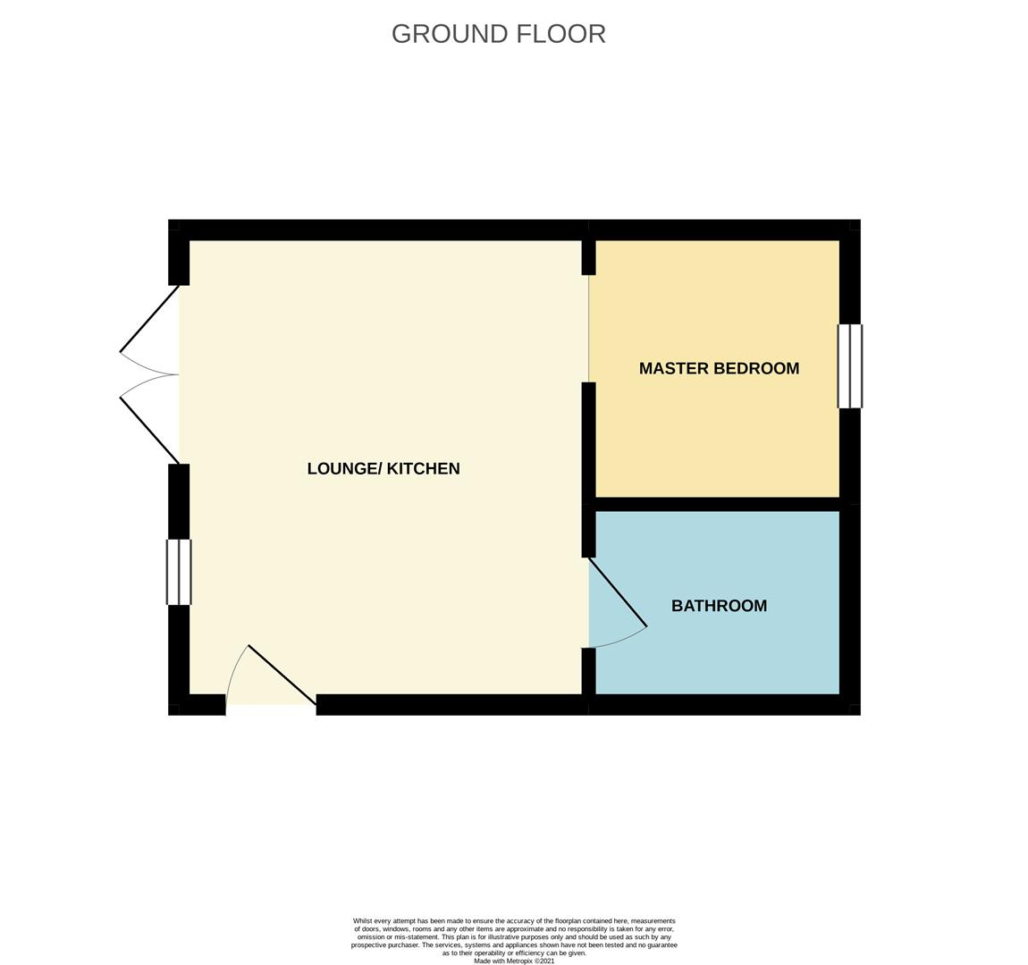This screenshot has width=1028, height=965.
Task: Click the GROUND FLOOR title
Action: coord(498,34)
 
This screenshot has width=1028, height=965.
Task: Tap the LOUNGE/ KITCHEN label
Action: coord(383,468)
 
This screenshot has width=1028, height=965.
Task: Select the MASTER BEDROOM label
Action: coord(720,368)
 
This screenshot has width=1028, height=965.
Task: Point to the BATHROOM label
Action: coord(720,605)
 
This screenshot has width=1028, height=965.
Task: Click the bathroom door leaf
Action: coord(618,592)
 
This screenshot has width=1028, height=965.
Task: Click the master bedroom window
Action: coord(850,366)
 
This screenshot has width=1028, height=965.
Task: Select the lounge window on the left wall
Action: coord(179,572)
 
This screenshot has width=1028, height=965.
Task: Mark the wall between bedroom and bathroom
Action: coord(717,504)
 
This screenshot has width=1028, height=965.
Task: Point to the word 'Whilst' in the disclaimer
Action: coord(363,921)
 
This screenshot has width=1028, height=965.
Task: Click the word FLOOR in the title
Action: coord(561,34)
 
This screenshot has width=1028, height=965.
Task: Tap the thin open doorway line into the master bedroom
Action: coord(589,328)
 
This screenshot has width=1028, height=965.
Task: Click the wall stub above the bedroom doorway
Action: coord(589,257)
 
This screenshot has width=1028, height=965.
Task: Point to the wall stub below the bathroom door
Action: coord(589,671)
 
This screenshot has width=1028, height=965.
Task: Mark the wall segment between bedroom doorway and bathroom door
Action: coord(589,470)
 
